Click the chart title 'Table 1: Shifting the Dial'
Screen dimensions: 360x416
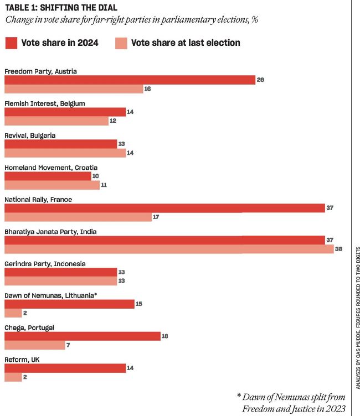[61, 7]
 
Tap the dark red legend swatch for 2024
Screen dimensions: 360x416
[11, 43]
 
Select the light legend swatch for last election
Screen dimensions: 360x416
[121, 43]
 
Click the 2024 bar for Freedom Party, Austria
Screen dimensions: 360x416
[130, 80]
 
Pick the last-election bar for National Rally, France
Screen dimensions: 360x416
[78, 217]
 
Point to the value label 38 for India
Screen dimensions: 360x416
[338, 249]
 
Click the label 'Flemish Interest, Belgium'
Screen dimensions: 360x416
[45, 103]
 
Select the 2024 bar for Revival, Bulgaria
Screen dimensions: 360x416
[60, 144]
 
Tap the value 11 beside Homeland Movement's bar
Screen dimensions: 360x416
[104, 185]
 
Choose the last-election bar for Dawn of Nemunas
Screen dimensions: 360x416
[13, 313]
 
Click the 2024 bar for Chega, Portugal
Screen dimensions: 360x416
[83, 336]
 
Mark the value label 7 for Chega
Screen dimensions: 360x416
[68, 345]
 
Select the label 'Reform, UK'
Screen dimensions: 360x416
[22, 360]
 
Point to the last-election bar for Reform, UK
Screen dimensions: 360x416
[13, 377]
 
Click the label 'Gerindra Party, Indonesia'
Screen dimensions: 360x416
[45, 264]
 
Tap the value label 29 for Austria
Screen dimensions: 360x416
[260, 80]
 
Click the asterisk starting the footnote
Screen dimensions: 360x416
[239, 396]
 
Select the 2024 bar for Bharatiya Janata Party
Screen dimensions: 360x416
[164, 240]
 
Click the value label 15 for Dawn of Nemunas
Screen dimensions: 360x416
[139, 304]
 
